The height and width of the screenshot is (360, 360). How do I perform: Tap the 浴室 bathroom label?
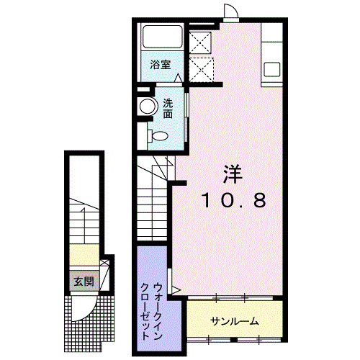point(160,65)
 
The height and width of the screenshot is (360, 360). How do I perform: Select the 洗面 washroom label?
point(168,108)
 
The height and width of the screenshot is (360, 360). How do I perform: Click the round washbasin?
point(148,107)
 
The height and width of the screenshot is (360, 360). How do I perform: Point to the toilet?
point(157,135)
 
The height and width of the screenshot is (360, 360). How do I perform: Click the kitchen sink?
point(273,69)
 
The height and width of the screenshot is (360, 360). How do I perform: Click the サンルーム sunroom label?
point(234,320)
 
